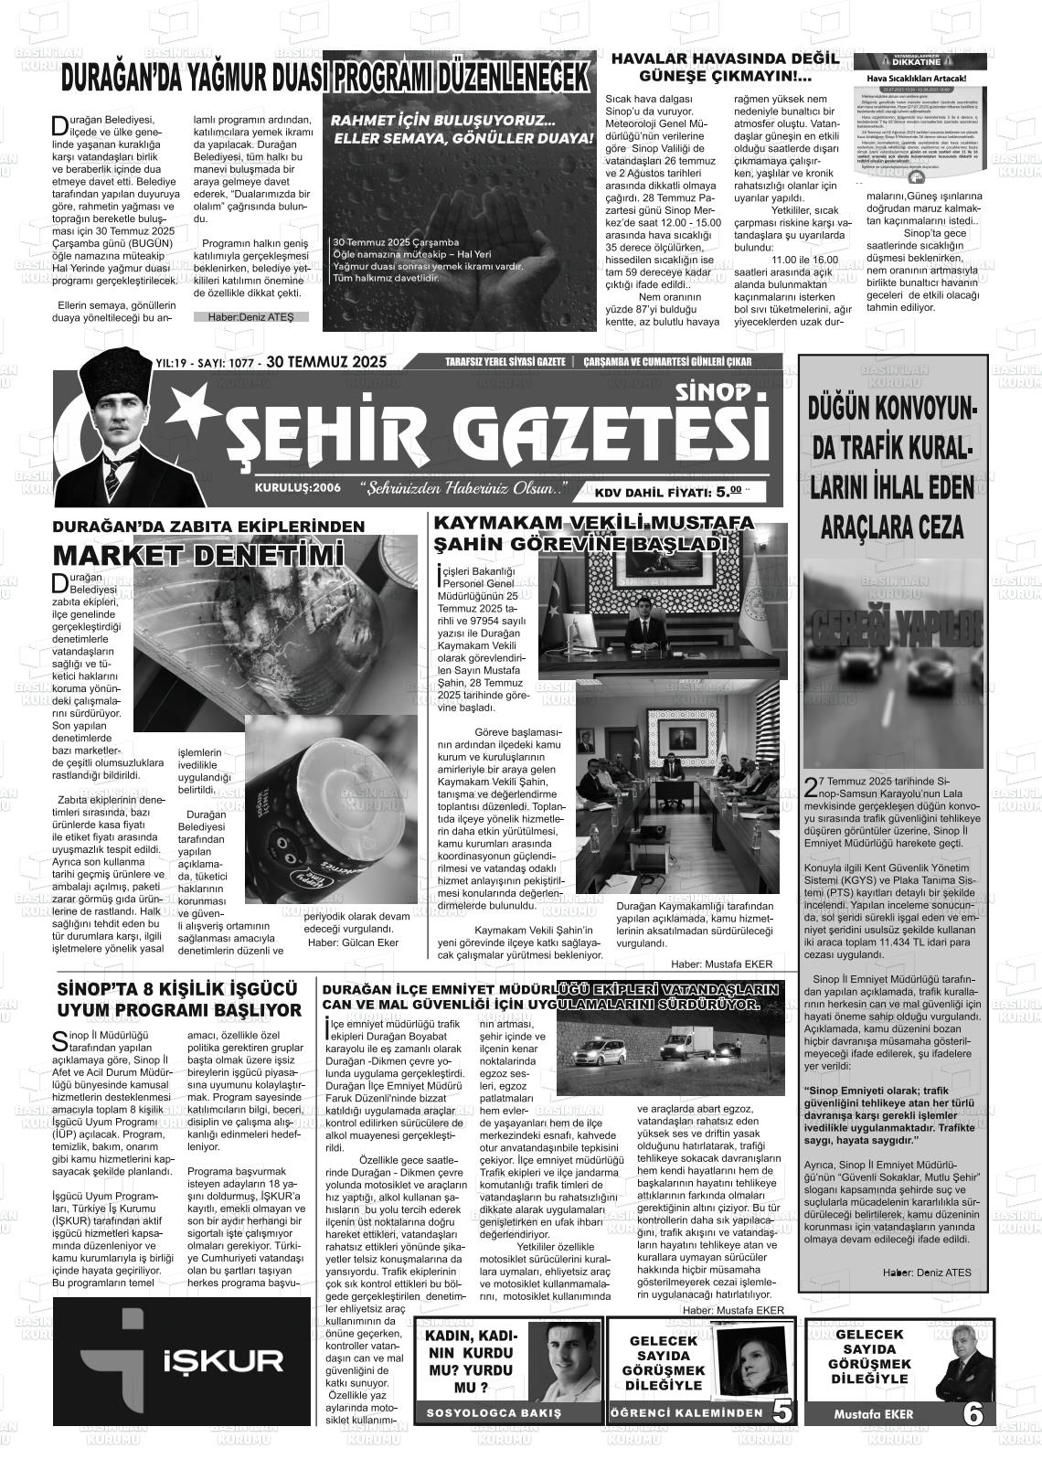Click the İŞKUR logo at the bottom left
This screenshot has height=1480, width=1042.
pos(183,1362)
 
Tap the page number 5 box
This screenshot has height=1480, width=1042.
pos(782,1411)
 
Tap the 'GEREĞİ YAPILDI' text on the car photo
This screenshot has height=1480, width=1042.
pos(893,629)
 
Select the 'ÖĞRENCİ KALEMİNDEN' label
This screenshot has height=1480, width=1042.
pos(686,1413)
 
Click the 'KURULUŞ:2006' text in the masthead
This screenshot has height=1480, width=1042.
pos(298,487)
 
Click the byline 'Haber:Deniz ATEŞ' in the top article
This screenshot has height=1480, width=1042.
pos(250,317)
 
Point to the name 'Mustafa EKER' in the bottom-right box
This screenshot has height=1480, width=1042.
pos(873,1414)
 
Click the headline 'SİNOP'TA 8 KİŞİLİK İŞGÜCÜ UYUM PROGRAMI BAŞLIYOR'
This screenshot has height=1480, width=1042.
pos(179,999)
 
